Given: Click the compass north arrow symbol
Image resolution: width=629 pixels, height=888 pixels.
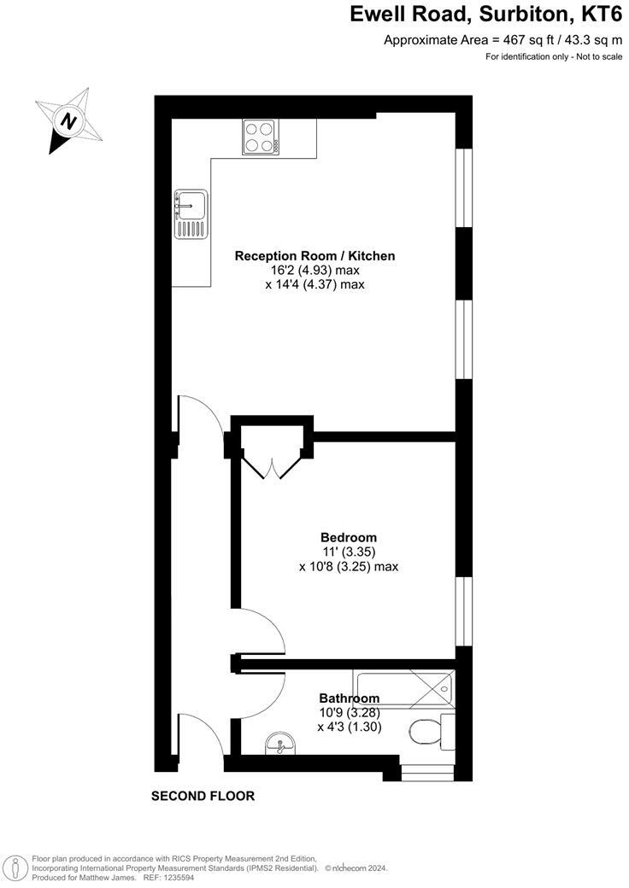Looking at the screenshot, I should point(68,120).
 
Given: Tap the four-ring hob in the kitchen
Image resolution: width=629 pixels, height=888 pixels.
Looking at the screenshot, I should point(262,137).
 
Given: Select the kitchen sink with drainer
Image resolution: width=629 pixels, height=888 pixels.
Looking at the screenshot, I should point(190,213).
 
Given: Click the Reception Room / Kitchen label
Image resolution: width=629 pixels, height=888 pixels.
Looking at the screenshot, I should point(314,255).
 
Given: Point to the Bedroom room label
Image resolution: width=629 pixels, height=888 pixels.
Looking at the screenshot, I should point(349,537).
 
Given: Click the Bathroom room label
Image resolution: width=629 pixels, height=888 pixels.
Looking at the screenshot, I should point(349,698).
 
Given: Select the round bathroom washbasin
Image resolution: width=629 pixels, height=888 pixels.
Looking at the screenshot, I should point(279,744).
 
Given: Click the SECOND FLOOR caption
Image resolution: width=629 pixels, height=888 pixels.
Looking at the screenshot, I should point(203,796).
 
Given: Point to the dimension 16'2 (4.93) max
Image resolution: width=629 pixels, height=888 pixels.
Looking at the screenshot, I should point(314,270).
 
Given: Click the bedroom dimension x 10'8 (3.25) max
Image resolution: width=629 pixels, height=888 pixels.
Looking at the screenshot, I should point(349,566).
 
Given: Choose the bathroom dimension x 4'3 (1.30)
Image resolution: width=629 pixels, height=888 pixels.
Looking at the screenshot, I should point(349,727).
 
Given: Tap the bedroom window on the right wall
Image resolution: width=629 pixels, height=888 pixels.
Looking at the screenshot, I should point(463,611).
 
